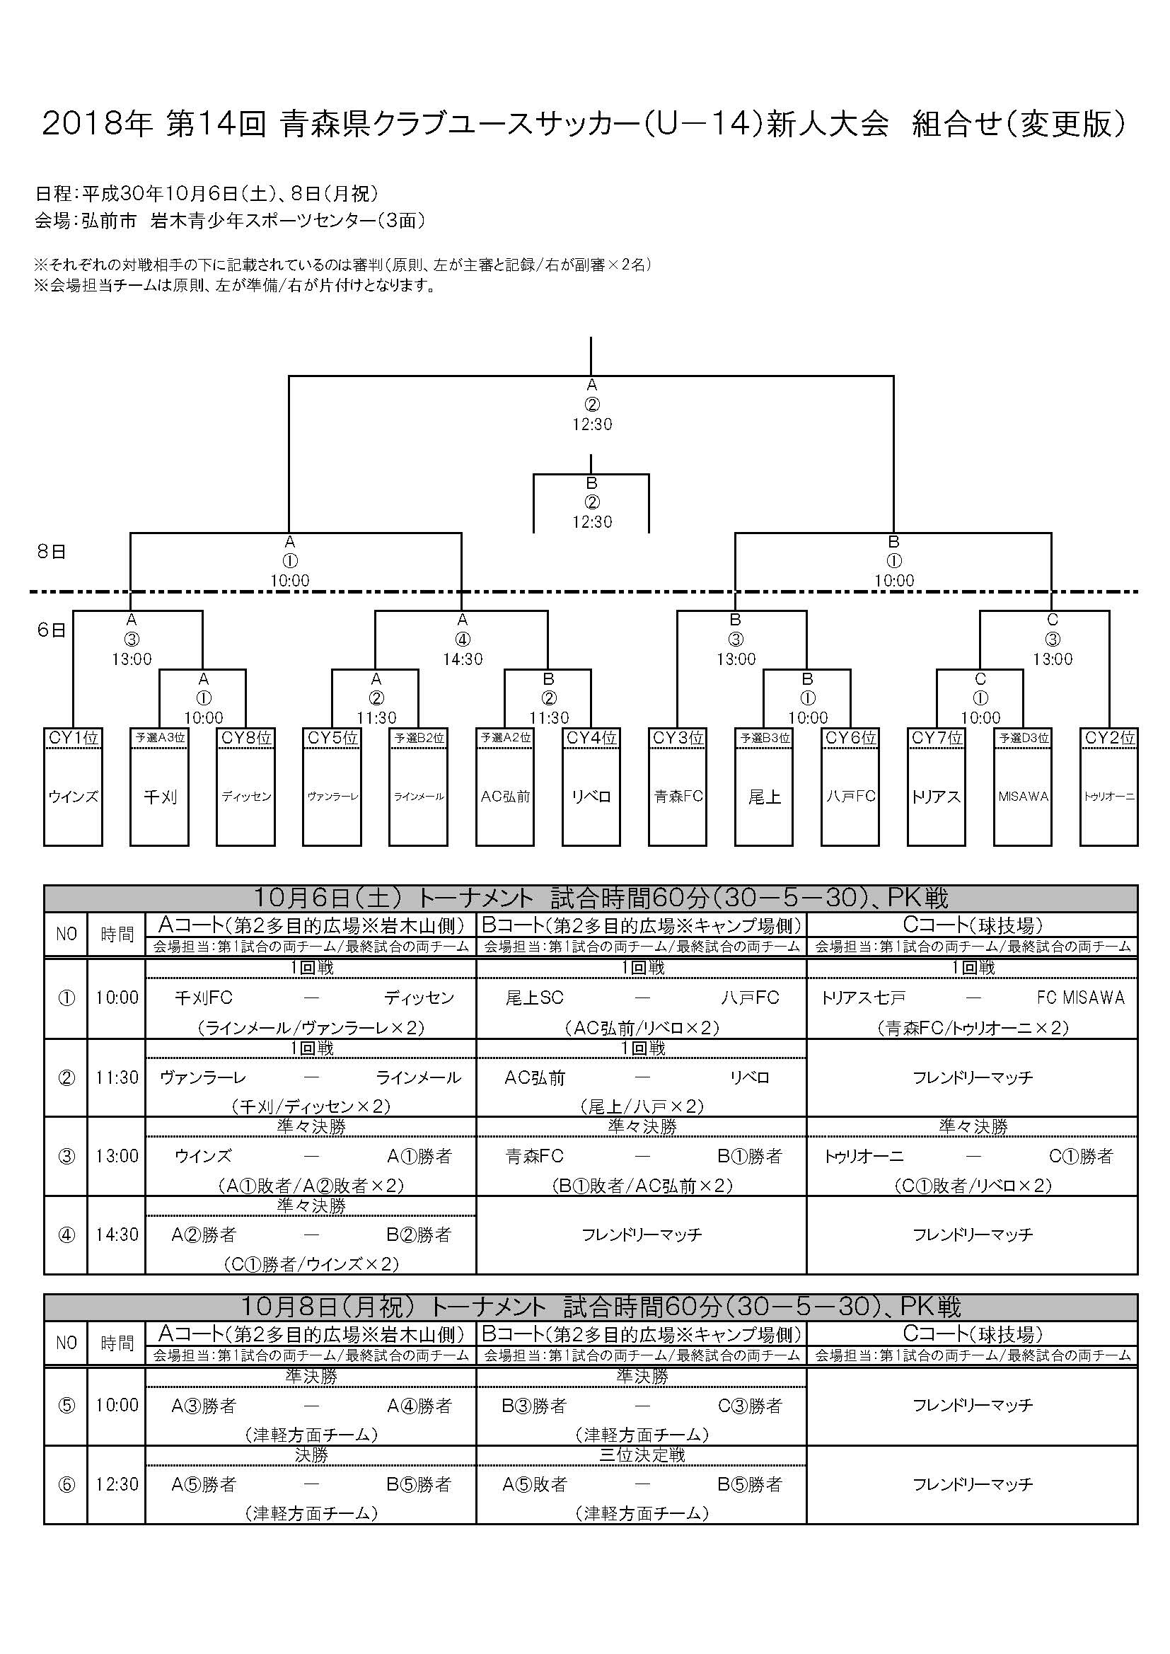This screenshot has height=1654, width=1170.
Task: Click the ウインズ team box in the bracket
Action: (x=73, y=796)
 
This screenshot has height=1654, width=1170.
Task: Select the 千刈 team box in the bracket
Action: (x=159, y=796)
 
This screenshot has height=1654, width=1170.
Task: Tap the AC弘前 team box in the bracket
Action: (x=505, y=796)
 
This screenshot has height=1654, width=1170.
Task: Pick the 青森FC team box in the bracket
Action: (x=678, y=796)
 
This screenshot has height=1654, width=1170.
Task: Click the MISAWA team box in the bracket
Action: (x=1023, y=796)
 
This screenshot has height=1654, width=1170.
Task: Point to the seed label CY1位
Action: (x=73, y=738)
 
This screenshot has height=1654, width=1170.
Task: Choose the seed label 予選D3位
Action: (x=1023, y=738)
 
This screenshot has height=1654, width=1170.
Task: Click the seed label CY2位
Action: (x=1109, y=738)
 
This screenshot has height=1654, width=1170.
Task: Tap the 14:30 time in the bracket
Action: (x=463, y=659)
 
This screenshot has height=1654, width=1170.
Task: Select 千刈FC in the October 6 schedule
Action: (x=204, y=997)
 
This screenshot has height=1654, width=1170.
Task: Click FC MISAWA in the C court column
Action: (x=1081, y=997)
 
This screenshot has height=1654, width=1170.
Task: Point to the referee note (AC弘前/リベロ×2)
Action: (x=642, y=1027)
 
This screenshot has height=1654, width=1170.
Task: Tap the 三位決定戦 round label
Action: (x=642, y=1455)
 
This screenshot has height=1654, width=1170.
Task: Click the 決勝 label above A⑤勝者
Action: (x=311, y=1455)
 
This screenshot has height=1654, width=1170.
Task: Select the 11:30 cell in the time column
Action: (x=117, y=1077)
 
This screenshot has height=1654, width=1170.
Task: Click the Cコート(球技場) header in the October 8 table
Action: (x=973, y=1334)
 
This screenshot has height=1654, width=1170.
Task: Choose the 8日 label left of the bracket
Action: (x=51, y=552)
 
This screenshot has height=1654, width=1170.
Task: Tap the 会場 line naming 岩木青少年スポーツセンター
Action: (x=230, y=221)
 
